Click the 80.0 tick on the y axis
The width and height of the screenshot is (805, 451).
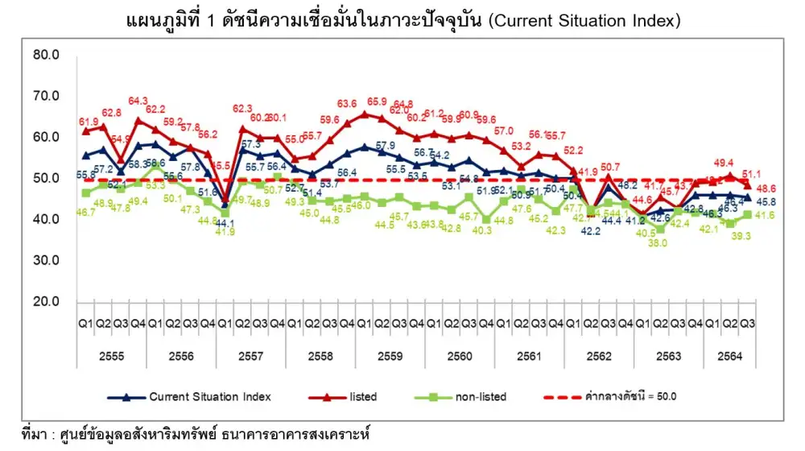(46, 56)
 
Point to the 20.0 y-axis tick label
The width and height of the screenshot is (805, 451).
(46, 301)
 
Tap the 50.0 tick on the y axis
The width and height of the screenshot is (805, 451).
(46, 178)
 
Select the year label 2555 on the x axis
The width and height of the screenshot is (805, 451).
(112, 356)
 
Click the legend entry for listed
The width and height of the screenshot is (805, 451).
(362, 397)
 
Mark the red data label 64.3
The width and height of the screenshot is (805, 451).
(139, 101)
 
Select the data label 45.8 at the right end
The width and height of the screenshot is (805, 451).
(777, 201)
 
